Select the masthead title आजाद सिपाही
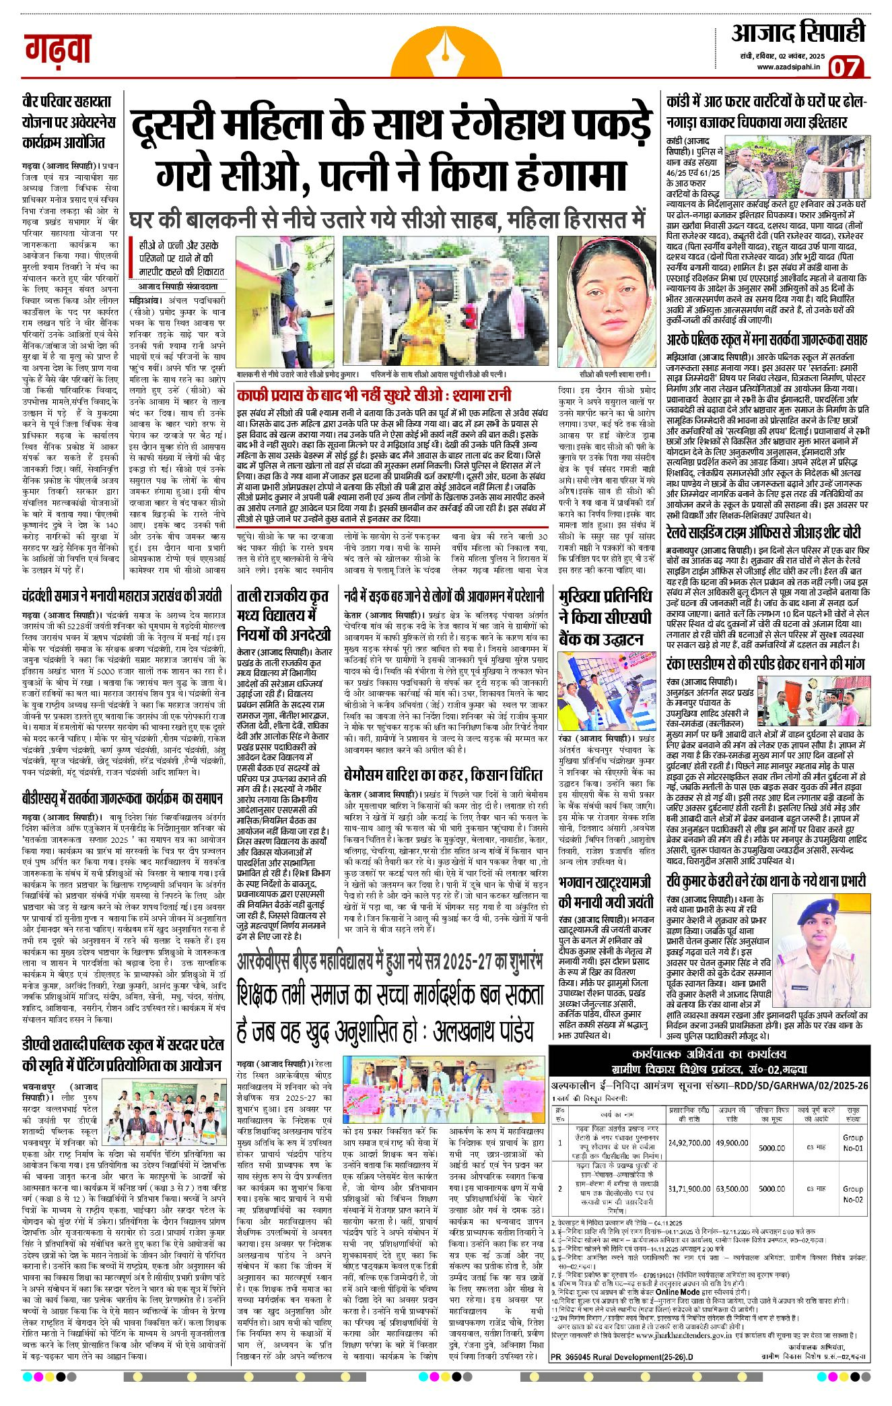pyautogui.click(x=798, y=32)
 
